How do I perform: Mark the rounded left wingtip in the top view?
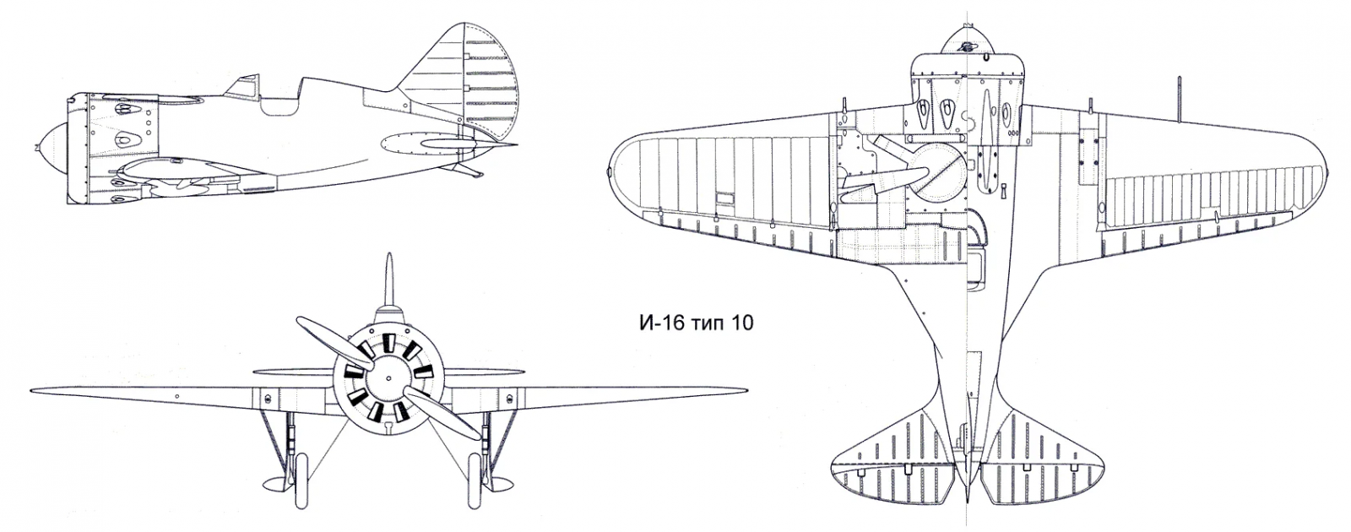625,169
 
